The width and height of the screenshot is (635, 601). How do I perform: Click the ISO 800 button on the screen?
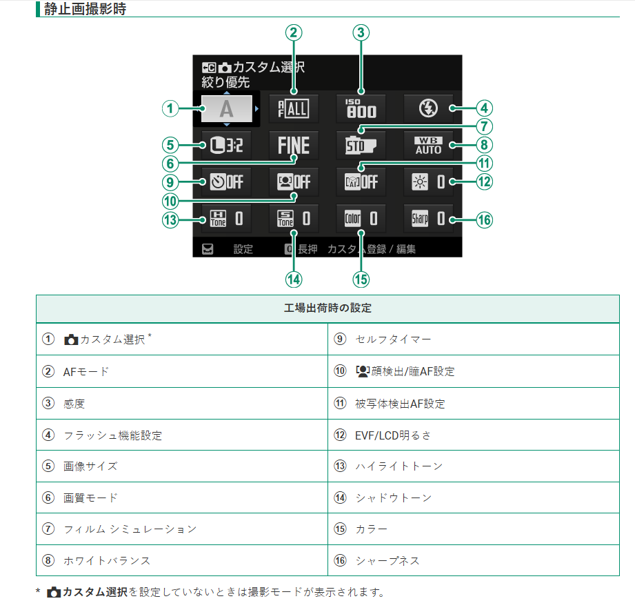[361, 108]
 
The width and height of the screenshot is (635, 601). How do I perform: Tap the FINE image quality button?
[294, 146]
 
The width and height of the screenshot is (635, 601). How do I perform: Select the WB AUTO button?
[428, 146]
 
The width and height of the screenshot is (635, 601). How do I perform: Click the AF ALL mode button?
[294, 108]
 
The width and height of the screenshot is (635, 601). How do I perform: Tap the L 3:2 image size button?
[226, 146]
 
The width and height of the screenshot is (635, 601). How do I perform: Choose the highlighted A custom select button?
[226, 108]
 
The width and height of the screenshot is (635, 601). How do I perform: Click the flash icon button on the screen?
[428, 108]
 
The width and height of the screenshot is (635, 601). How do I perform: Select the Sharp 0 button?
[428, 219]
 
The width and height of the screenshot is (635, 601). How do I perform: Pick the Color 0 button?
[361, 219]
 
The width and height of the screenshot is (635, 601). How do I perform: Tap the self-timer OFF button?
[226, 183]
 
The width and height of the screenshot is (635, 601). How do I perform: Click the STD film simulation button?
[361, 146]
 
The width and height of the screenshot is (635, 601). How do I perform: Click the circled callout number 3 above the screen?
[361, 32]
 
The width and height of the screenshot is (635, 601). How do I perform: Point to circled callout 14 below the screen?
[294, 279]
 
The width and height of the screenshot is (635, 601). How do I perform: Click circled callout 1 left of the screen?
[170, 108]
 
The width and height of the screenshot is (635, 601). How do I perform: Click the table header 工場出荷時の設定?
[327, 308]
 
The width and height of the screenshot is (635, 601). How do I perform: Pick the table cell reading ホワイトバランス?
[107, 560]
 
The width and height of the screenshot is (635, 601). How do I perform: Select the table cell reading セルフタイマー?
[383, 339]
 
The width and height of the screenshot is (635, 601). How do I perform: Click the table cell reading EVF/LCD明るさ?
[393, 435]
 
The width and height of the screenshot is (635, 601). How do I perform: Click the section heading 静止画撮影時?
[84, 10]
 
